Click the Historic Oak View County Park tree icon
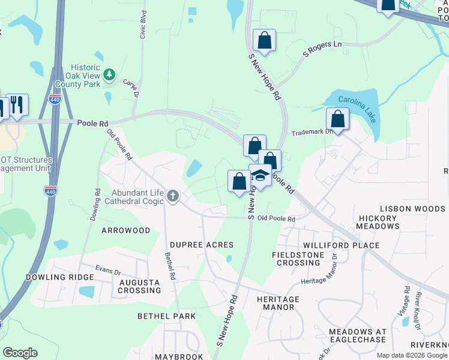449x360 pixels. (x=109, y=74)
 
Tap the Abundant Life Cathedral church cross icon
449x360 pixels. (x=173, y=196)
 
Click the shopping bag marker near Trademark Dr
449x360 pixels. (x=338, y=119)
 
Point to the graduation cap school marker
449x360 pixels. (x=260, y=176)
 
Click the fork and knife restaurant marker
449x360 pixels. (x=17, y=105)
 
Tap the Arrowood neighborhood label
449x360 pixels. (x=125, y=230)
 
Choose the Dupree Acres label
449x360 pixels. (x=201, y=245)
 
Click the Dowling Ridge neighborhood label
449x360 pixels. (x=59, y=277)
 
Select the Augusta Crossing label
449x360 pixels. (x=139, y=286)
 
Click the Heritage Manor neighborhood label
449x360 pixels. (x=276, y=303)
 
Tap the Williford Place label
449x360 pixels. (x=341, y=245)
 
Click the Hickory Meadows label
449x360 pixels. (x=378, y=222)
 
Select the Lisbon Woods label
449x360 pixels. (x=412, y=209)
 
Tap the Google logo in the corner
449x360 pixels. (x=20, y=353)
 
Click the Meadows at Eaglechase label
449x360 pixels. (x=358, y=336)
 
